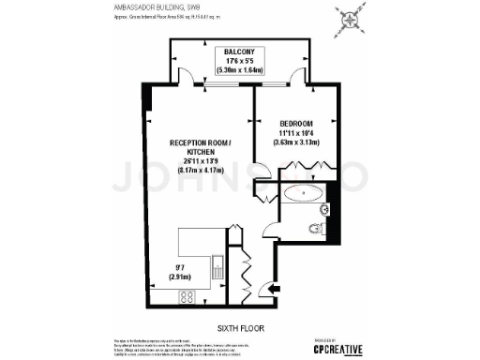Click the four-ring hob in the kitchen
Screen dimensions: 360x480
coord(186,297)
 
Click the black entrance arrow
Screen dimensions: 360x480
coord(275,291)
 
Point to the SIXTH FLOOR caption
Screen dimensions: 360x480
coord(240,328)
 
